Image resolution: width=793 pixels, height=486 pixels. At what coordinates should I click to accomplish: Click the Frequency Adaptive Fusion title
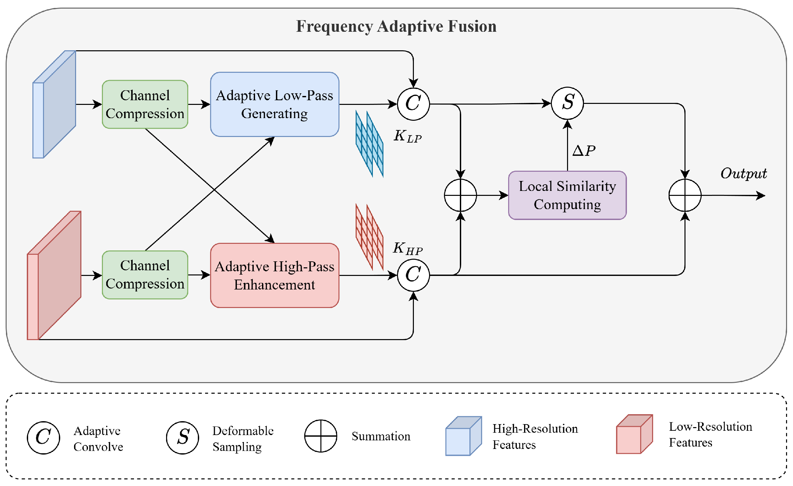coord(396,26)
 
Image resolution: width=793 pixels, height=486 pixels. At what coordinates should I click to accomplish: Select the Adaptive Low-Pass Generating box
coord(275,104)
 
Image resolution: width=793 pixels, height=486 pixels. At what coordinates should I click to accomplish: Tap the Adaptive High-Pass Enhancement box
coord(275,275)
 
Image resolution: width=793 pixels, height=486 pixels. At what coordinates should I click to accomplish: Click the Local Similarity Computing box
coord(567,195)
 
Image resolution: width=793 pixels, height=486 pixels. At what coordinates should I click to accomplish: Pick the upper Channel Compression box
coord(145,104)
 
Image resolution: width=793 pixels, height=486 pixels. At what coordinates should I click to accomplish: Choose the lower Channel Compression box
coord(145,275)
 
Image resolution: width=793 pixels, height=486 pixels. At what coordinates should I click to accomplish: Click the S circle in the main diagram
coord(567,103)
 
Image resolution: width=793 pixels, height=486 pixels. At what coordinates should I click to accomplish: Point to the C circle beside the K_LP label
coord(413,104)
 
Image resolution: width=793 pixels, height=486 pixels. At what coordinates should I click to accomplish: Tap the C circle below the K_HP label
coord(413,275)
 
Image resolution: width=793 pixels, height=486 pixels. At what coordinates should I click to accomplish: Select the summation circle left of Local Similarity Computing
coord(460,195)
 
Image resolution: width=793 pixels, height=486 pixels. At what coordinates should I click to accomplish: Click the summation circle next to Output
coord(685,195)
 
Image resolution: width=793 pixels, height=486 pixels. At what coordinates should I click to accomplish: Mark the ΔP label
coord(584,151)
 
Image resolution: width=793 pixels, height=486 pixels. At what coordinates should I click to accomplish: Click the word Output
coord(744,173)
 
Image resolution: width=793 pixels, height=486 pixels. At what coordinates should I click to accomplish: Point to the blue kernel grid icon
coord(369,144)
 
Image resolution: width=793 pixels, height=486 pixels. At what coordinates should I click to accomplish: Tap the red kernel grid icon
coord(369,237)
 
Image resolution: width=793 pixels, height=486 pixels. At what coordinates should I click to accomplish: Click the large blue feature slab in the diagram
coord(55,104)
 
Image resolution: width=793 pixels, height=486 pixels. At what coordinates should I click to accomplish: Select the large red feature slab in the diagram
coord(54,275)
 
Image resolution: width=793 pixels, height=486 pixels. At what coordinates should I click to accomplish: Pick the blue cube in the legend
coord(463,436)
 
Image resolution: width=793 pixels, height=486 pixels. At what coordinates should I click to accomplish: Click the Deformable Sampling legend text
coord(243,439)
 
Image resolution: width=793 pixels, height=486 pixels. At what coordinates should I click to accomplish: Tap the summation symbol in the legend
coord(321,436)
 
